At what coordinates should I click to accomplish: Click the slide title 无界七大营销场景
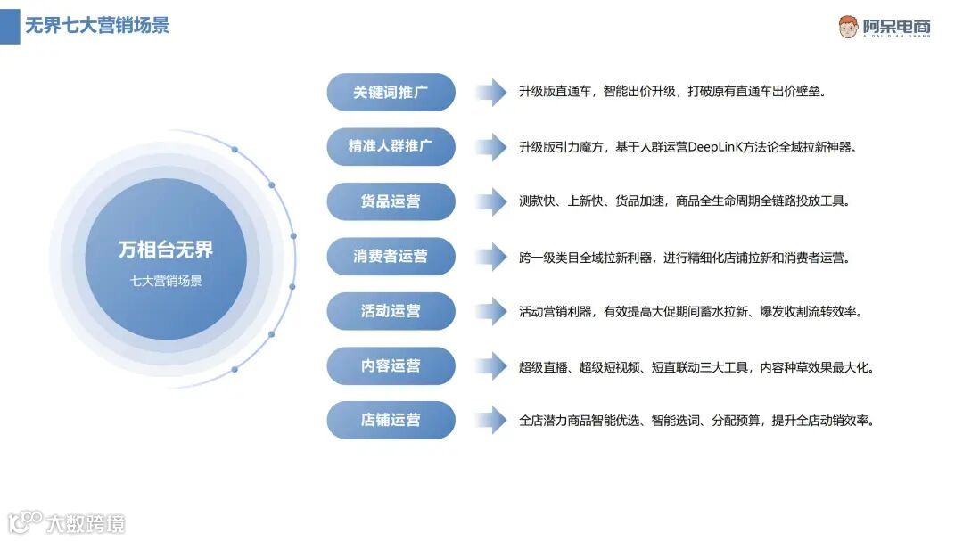pyautogui.click(x=97, y=25)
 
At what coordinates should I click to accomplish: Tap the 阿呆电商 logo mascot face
pyautogui.click(x=848, y=27)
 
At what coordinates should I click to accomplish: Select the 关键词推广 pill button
pyautogui.click(x=391, y=92)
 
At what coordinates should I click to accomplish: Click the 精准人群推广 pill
pyautogui.click(x=391, y=146)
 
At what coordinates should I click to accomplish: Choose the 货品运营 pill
pyautogui.click(x=391, y=201)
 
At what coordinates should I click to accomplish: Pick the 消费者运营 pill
pyautogui.click(x=391, y=256)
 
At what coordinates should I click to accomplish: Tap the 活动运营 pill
pyautogui.click(x=391, y=311)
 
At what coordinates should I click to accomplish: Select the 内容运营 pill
pyautogui.click(x=391, y=365)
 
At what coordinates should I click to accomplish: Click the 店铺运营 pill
pyautogui.click(x=391, y=420)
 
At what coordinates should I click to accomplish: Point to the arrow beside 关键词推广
pyautogui.click(x=491, y=92)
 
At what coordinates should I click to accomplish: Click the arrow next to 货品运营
pyautogui.click(x=491, y=201)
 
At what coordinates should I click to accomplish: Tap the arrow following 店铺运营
pyautogui.click(x=491, y=420)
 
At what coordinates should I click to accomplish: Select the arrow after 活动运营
pyautogui.click(x=491, y=311)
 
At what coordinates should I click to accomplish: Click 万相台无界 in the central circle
pyautogui.click(x=166, y=250)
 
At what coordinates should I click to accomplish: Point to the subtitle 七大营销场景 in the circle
pyautogui.click(x=166, y=281)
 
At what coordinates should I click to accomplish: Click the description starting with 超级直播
pyautogui.click(x=696, y=366)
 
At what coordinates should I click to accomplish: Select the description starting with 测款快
pyautogui.click(x=684, y=201)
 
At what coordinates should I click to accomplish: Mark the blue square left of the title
pyautogui.click(x=10, y=26)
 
